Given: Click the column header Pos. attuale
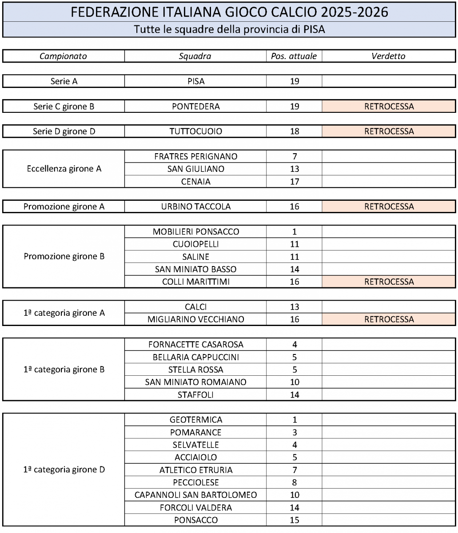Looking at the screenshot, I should [294, 56].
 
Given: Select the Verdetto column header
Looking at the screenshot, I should [389, 56].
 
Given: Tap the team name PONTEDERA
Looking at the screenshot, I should [196, 107].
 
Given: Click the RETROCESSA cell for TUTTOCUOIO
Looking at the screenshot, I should [389, 131].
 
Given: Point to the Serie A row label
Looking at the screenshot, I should [64, 81].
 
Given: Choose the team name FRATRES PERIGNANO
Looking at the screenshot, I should [196, 156].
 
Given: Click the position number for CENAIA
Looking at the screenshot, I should [294, 182].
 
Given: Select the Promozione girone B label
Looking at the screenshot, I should [64, 257].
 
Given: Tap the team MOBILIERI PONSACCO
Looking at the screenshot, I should [196, 232].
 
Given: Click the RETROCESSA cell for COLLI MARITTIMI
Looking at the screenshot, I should [389, 282].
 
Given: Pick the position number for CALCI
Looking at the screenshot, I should [294, 307].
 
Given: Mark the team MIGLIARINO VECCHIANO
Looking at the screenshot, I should [196, 319].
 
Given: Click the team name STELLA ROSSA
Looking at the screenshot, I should [196, 370].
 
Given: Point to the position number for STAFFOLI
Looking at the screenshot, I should [294, 394].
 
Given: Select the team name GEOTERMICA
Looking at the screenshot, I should [196, 420].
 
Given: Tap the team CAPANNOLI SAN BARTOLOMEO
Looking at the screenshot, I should [196, 495].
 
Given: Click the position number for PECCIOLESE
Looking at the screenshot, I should [294, 482].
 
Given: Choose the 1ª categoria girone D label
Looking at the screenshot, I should [64, 469].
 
